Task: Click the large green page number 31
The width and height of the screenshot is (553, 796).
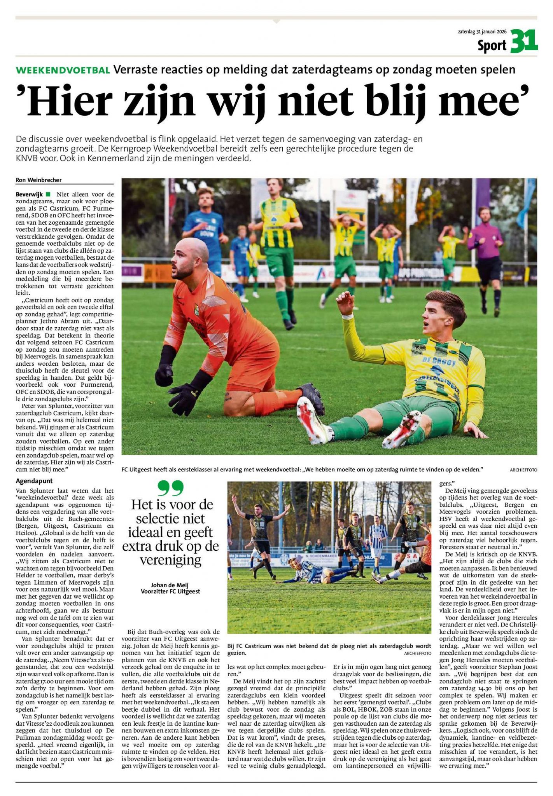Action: point(524,41)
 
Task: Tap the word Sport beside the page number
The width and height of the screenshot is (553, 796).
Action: point(492,46)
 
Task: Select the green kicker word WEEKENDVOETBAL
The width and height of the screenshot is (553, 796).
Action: point(63,70)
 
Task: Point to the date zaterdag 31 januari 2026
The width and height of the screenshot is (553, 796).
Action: point(482,33)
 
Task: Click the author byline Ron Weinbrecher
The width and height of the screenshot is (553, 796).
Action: point(38,180)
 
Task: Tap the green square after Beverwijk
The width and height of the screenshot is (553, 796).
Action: point(48,194)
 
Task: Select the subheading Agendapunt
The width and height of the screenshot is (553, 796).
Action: point(34,481)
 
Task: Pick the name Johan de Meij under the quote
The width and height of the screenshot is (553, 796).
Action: point(170,585)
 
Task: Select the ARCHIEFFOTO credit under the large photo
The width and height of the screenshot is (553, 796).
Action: point(523,470)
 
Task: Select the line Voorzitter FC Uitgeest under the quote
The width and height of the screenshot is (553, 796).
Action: point(170,591)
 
